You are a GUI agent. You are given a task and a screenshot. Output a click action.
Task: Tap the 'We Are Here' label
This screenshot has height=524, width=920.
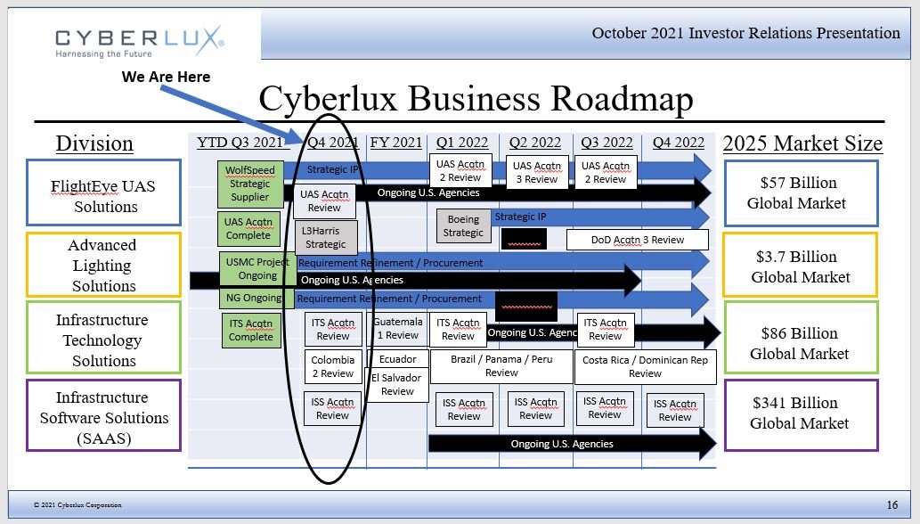[x=167, y=77]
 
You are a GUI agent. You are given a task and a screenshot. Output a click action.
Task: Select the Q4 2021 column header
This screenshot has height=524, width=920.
[x=332, y=143]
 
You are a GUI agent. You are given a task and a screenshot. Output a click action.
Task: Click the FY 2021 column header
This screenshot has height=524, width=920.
[x=396, y=143]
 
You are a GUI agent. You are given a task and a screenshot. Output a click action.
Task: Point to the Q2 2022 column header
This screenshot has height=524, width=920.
[x=535, y=143]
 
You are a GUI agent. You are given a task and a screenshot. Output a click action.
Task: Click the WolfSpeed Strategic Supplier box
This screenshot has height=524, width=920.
[x=250, y=184]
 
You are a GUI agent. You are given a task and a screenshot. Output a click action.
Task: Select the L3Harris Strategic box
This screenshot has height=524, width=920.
[x=326, y=238]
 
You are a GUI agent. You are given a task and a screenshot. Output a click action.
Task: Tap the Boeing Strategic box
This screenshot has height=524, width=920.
[x=463, y=226]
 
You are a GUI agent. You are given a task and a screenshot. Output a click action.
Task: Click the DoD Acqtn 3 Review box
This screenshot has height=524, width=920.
[x=638, y=240]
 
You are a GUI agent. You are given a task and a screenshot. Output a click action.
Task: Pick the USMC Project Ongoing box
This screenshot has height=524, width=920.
[x=257, y=269]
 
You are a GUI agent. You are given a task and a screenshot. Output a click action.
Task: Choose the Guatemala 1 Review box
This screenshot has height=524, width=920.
[x=397, y=329]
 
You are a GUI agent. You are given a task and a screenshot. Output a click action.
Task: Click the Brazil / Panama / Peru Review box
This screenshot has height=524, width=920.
[x=501, y=366]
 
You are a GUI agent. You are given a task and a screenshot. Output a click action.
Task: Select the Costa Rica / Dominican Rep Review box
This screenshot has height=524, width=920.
[x=645, y=366]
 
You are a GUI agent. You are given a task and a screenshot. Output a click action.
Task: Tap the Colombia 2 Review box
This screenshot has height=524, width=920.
[x=332, y=367]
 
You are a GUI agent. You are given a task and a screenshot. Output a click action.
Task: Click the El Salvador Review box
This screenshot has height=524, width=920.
[x=397, y=385]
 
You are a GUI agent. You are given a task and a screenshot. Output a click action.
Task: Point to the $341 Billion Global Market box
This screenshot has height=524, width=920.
[x=799, y=413]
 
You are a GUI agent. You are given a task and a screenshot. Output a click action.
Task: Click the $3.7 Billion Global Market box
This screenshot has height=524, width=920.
[x=800, y=266]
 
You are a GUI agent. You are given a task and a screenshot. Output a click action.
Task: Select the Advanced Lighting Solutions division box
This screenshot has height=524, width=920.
[x=103, y=266]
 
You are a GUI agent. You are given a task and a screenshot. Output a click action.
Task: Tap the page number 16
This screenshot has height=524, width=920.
[x=892, y=504]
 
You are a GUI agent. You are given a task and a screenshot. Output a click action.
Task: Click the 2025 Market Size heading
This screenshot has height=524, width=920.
[x=802, y=143]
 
